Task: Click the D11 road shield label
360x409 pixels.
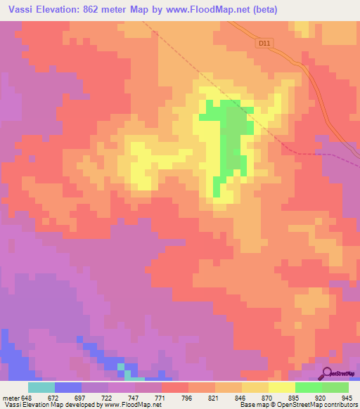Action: (264, 43)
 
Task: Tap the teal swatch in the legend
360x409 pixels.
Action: (41, 387)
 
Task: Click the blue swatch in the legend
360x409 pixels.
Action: (67, 387)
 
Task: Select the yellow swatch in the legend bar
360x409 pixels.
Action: (281, 387)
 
